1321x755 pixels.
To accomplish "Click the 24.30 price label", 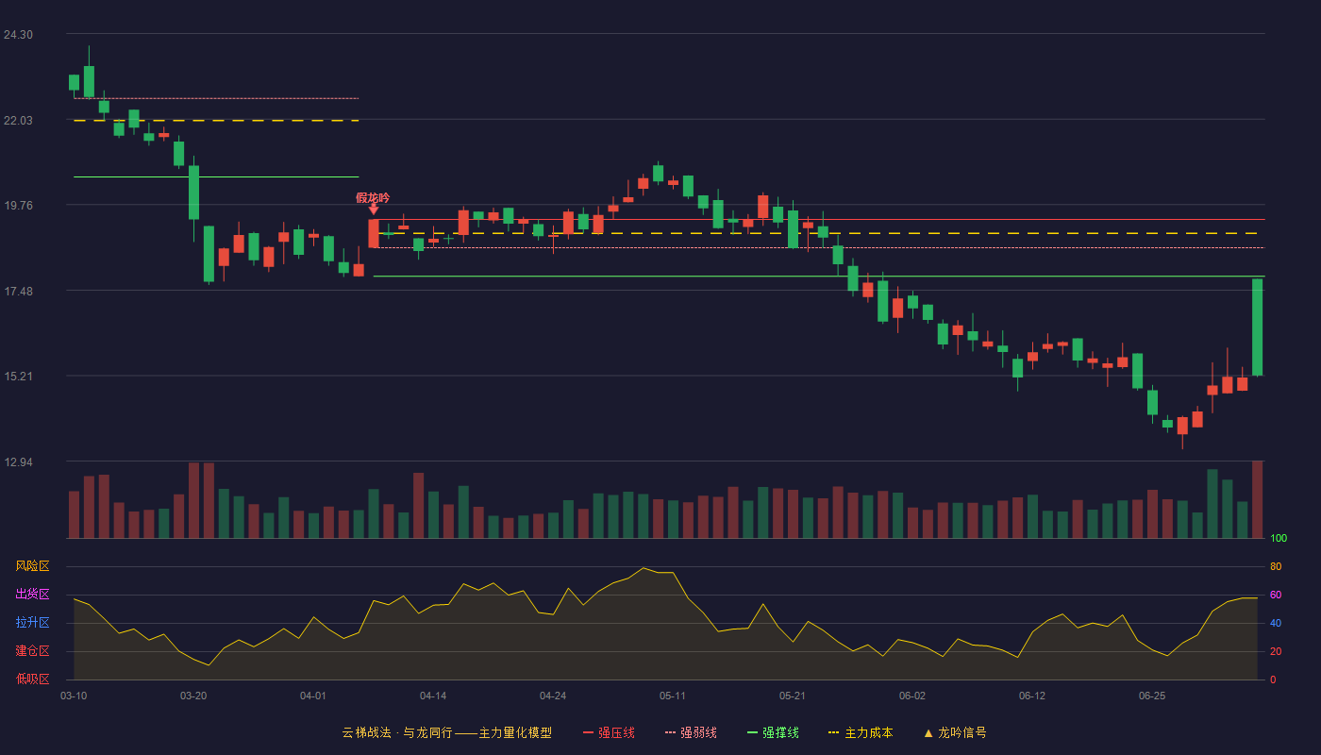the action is coord(18,35).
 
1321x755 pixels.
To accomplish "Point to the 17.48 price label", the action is coord(18,292).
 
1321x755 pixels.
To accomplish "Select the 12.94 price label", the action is coord(18,462).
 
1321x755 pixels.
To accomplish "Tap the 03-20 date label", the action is coord(193,696).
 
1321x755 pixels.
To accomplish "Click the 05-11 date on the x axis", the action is coord(672,696).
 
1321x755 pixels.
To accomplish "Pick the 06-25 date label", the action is coord(1152,696).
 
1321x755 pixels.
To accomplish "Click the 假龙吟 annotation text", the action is coord(373,197).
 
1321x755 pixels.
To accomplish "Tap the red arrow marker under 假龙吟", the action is coord(374,210).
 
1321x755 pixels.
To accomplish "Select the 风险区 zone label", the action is coord(32,566).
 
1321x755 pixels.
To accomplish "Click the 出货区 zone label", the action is coord(32,594).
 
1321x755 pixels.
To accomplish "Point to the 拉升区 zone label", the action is coord(32,622).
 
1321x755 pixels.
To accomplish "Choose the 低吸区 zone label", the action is coord(32,679).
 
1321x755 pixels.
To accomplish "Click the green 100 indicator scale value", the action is coord(1279,538).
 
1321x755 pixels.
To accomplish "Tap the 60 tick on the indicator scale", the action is coord(1276,595).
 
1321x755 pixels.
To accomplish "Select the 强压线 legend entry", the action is coord(609,732).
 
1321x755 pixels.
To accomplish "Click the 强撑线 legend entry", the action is coord(773,732).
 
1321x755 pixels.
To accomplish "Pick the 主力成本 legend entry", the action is coord(861,732).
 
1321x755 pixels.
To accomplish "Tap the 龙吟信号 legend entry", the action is coord(955,732).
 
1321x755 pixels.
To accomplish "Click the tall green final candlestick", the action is coord(1257,327).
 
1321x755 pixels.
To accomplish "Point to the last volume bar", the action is coord(1257,499).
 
